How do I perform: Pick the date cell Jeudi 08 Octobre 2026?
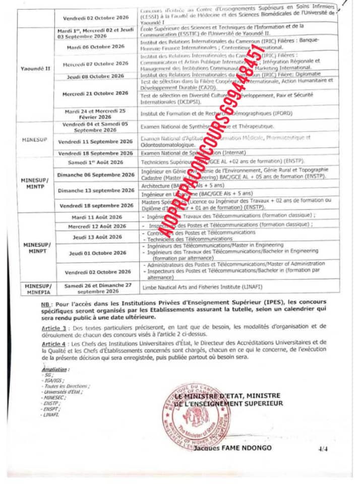click(96, 76)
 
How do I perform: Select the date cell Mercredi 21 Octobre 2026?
click(95, 93)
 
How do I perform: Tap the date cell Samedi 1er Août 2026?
click(96, 162)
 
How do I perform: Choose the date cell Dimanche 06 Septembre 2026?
click(96, 175)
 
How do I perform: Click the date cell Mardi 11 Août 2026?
click(96, 217)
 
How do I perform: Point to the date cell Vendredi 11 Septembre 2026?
click(96, 142)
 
